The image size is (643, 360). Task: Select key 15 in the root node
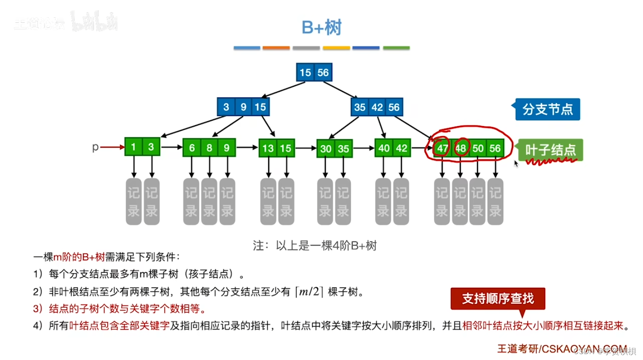(x=305, y=73)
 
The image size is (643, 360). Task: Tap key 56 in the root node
(x=323, y=73)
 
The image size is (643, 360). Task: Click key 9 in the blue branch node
(x=243, y=107)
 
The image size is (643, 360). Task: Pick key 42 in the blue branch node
(x=377, y=107)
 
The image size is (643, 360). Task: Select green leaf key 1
(x=133, y=147)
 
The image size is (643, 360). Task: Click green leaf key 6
(x=192, y=148)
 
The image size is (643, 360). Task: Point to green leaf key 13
(x=268, y=148)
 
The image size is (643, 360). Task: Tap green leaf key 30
(x=326, y=149)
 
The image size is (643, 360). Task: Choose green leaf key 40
(x=384, y=148)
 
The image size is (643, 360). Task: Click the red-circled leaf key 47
(x=442, y=148)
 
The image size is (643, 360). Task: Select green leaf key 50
(x=478, y=148)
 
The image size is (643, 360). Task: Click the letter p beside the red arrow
(x=95, y=147)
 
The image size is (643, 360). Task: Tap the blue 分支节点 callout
(x=547, y=110)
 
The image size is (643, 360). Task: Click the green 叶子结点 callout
(x=550, y=150)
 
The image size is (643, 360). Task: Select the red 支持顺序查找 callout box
(x=498, y=299)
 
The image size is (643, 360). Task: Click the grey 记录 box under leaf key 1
(x=133, y=201)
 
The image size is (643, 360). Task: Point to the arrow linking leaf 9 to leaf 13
(x=247, y=148)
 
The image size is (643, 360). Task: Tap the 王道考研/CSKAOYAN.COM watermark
(x=562, y=349)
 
